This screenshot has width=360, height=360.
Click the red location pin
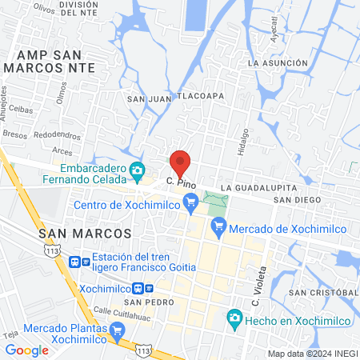point(180,164)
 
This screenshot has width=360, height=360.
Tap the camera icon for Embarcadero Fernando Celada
point(138,170)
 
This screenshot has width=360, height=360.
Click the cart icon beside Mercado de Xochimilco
point(218,229)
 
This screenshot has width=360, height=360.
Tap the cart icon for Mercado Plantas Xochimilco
point(117,330)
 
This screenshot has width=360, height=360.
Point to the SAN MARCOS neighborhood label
point(84,232)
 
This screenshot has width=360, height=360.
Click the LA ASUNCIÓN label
point(278,62)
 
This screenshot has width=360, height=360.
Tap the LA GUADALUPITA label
point(254,186)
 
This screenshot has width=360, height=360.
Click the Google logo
point(26,350)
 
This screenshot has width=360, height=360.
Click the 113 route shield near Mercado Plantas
point(144,350)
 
